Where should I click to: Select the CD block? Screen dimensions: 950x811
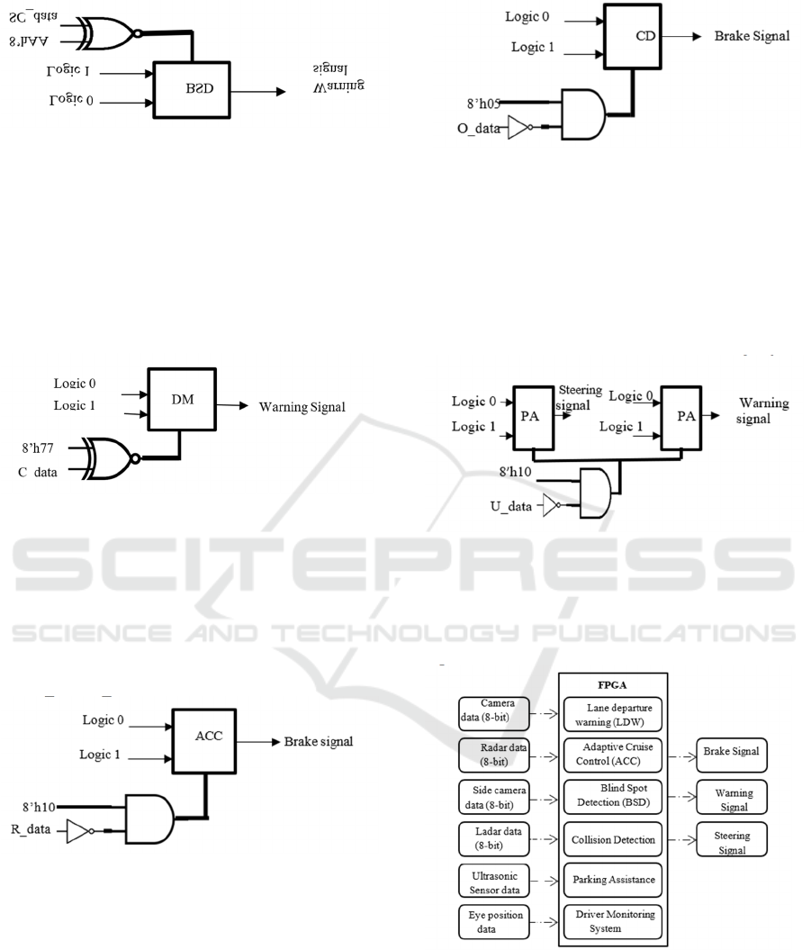pyautogui.click(x=644, y=37)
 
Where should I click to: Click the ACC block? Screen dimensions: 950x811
pyautogui.click(x=208, y=735)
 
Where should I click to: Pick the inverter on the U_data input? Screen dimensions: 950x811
pyautogui.click(x=550, y=507)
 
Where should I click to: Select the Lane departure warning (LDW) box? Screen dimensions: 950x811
pyautogui.click(x=612, y=714)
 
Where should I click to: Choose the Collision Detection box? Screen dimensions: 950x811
pyautogui.click(x=612, y=839)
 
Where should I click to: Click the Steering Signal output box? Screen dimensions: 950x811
pyautogui.click(x=732, y=842)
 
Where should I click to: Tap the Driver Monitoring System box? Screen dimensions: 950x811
pyautogui.click(x=612, y=922)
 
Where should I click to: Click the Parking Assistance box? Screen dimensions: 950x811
pyautogui.click(x=612, y=880)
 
